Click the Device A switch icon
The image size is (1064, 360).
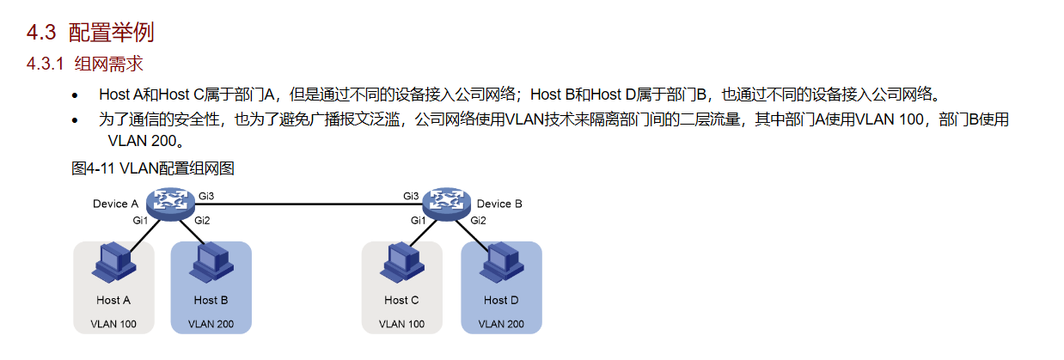coord(170,204)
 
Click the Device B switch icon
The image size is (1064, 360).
coord(447,204)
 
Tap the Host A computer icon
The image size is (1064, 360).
coord(114,263)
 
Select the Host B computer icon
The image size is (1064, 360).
coord(211,263)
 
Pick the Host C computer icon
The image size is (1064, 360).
coord(402,263)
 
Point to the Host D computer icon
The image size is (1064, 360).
coord(502,263)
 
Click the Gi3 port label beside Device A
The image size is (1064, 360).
coord(206,196)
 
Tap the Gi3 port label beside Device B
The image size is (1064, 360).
coord(411,196)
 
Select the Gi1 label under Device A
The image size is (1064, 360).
coord(140,220)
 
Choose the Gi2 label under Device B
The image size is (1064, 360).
coord(479,220)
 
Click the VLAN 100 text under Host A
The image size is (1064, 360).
coord(113,324)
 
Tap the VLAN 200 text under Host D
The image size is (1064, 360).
coord(501,324)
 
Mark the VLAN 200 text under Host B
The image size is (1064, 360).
coord(211,324)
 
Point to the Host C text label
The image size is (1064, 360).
coord(401,300)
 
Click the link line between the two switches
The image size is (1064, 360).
coord(309,204)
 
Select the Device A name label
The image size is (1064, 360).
coord(115,204)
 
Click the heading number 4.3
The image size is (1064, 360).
coord(41,33)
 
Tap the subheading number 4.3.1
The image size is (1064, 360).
coord(46,64)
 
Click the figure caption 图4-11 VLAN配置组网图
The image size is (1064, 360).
coord(152,168)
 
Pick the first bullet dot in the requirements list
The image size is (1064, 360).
coord(75,95)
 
